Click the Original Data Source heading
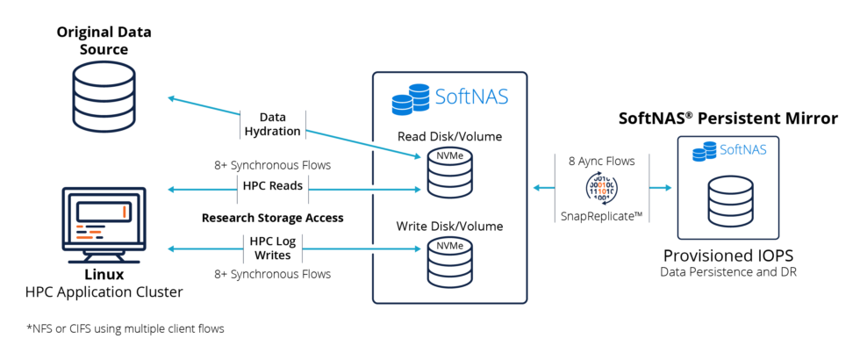point(104,40)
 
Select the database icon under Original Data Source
point(104,98)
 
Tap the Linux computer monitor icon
point(104,219)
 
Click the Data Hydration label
point(273,124)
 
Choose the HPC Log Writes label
point(273,248)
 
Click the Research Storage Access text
point(272,217)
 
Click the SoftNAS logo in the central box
point(449,97)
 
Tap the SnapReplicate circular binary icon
point(601,187)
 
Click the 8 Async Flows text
point(601,162)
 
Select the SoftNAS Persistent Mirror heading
point(728,118)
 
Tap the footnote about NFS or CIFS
point(126,328)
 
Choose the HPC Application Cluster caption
point(104,291)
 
